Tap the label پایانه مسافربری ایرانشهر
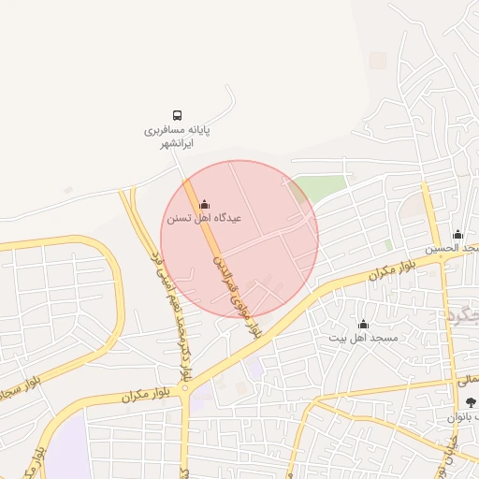[x=178, y=137]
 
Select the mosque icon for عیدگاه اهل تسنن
[x=205, y=204]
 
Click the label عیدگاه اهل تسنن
[x=204, y=218]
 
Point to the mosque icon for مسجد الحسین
[x=457, y=234]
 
